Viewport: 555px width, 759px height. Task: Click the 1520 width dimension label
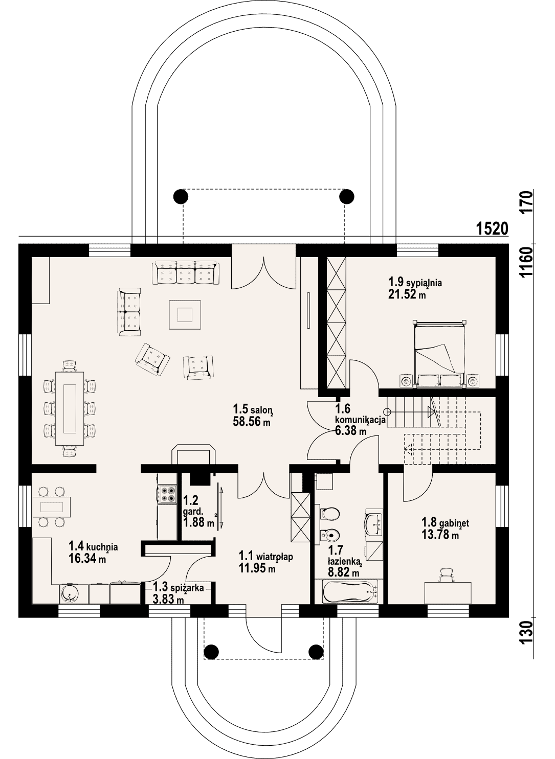click(492, 229)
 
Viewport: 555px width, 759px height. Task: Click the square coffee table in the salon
click(185, 314)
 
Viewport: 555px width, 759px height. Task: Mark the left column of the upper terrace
click(180, 196)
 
